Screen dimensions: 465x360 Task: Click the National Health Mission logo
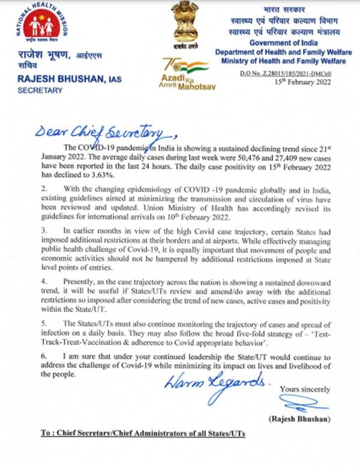coord(36,23)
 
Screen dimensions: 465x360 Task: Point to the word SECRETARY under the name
coord(37,91)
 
